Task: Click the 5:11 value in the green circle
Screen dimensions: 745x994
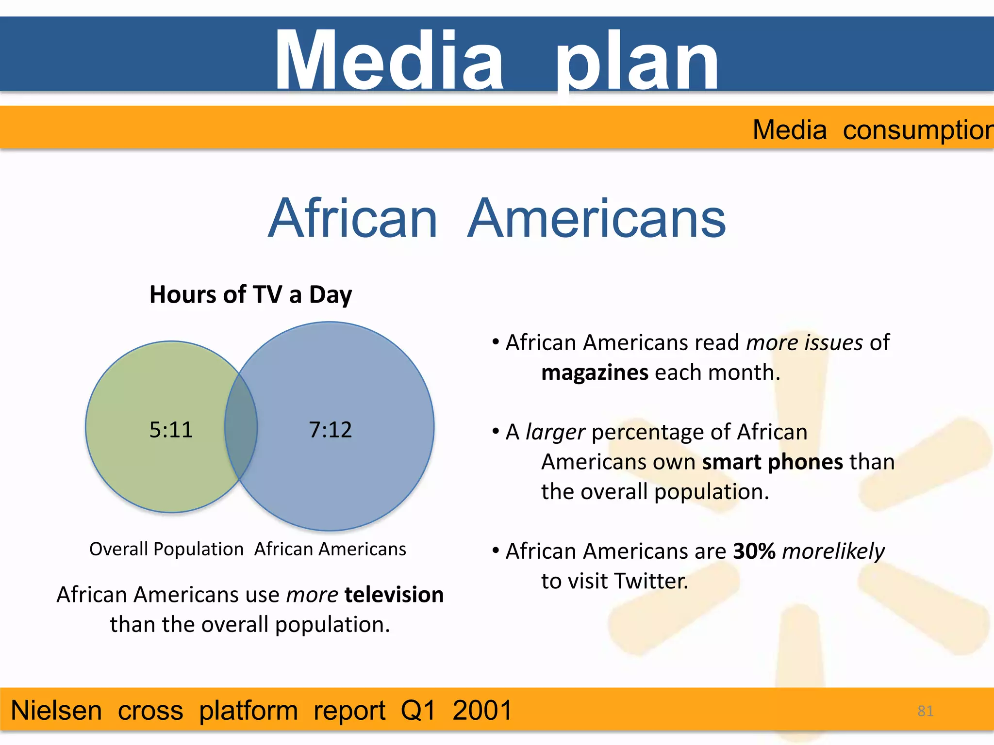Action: (x=171, y=430)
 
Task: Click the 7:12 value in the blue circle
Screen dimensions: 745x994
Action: (x=330, y=430)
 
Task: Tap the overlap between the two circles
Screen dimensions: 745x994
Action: (x=241, y=427)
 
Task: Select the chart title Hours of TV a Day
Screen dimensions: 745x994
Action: (x=250, y=294)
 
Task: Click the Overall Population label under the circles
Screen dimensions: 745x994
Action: (x=166, y=549)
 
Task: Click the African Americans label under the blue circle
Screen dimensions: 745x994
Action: (x=330, y=549)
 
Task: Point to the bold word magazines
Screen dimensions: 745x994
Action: (x=595, y=372)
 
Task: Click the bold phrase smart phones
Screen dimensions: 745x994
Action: (x=773, y=462)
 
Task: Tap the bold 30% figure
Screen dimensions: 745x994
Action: (x=754, y=551)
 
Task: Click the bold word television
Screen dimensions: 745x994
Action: (x=394, y=595)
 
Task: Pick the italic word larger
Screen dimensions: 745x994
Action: (x=555, y=432)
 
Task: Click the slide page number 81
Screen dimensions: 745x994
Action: (x=925, y=711)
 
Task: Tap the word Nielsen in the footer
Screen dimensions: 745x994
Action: (x=56, y=711)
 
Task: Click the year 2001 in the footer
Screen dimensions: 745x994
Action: (x=482, y=711)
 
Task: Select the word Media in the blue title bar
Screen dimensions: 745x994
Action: (x=388, y=61)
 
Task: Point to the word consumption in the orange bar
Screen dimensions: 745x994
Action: (x=917, y=130)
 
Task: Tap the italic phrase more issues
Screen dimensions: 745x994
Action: (x=804, y=342)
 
